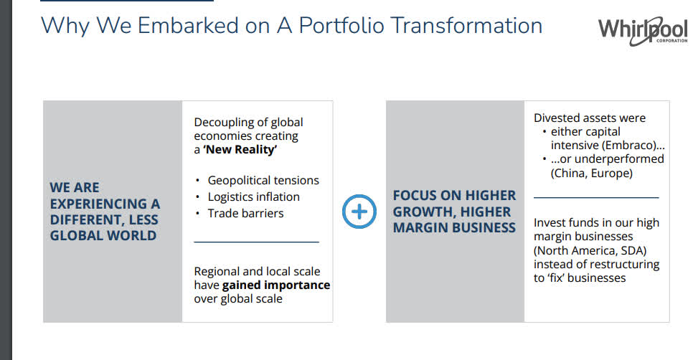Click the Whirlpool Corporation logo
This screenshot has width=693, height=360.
click(643, 31)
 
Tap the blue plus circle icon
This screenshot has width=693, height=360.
click(359, 212)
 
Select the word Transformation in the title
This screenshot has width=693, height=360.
click(466, 26)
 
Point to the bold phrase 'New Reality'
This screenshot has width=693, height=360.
click(240, 150)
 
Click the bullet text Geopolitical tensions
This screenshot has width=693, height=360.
click(263, 180)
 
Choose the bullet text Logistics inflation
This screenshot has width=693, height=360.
click(254, 196)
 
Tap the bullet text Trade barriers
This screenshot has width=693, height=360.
click(246, 214)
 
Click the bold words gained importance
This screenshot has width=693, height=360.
click(276, 285)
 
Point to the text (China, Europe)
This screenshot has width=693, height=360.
click(592, 173)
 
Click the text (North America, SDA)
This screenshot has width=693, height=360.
click(590, 250)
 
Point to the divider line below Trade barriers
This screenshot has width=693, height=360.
click(256, 242)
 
